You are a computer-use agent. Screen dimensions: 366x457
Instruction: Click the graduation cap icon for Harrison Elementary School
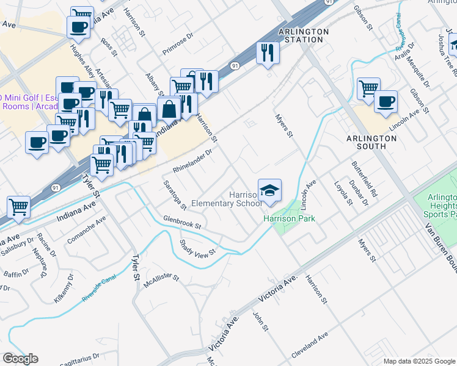click(269, 190)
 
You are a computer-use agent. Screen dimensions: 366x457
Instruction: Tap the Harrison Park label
click(289, 218)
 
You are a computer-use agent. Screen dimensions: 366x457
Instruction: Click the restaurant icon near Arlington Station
click(268, 53)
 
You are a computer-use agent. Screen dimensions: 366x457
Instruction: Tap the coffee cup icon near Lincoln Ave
click(385, 101)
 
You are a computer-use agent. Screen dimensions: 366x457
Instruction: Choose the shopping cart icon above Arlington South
click(368, 89)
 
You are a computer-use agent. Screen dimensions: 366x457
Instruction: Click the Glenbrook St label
click(182, 221)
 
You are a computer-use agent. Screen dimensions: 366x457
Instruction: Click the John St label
click(261, 321)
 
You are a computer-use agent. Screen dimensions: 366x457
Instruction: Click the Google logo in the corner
click(20, 359)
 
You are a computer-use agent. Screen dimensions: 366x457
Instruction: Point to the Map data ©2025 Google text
click(419, 361)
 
